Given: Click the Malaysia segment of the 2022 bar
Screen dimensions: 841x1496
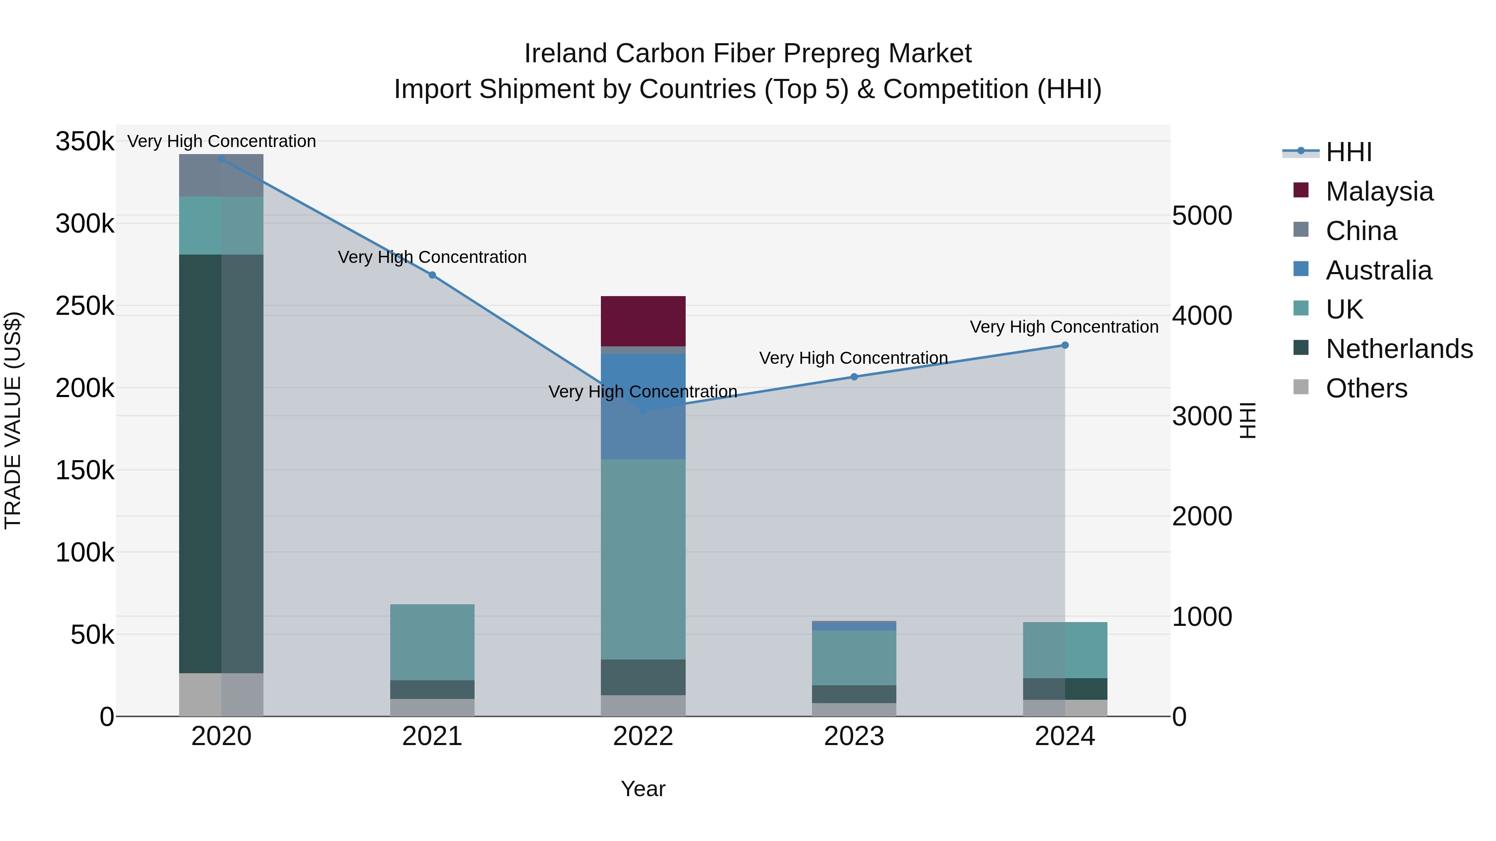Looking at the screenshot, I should click(643, 321).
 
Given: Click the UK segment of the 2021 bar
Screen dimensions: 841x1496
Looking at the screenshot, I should click(432, 642).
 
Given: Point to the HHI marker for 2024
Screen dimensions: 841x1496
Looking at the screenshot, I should click(1065, 346).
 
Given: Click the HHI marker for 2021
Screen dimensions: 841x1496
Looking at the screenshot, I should click(432, 275).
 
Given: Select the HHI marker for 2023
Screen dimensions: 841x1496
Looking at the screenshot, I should click(854, 377).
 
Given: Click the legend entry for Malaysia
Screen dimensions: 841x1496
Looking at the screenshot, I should click(1379, 191).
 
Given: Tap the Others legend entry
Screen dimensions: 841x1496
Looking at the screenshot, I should click(1366, 388).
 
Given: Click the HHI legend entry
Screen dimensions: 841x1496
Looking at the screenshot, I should click(1348, 152).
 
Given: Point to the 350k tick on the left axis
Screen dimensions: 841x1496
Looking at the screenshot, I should click(85, 141).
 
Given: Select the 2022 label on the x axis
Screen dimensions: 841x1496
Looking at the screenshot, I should click(643, 736).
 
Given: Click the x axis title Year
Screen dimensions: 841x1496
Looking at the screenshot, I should click(643, 789).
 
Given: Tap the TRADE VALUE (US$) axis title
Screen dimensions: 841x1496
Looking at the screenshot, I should click(13, 420).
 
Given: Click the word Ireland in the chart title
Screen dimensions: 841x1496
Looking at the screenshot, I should click(567, 54).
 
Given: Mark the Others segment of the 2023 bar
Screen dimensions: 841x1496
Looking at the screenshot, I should click(854, 709).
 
